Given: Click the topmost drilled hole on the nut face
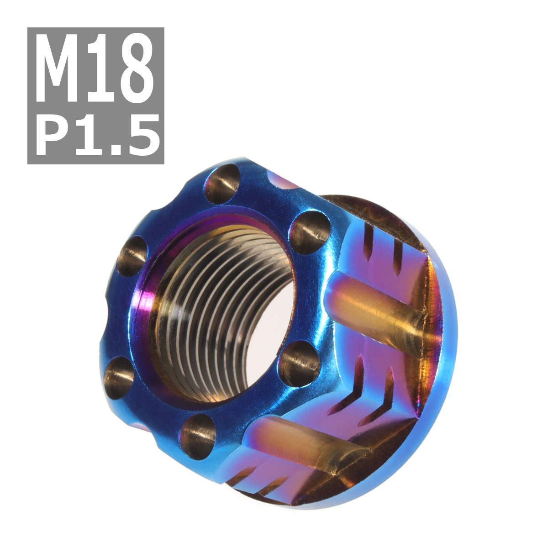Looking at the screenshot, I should click(222, 184).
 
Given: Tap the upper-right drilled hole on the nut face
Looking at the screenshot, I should click(310, 232).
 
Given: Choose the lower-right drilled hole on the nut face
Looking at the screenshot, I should click(299, 364).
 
